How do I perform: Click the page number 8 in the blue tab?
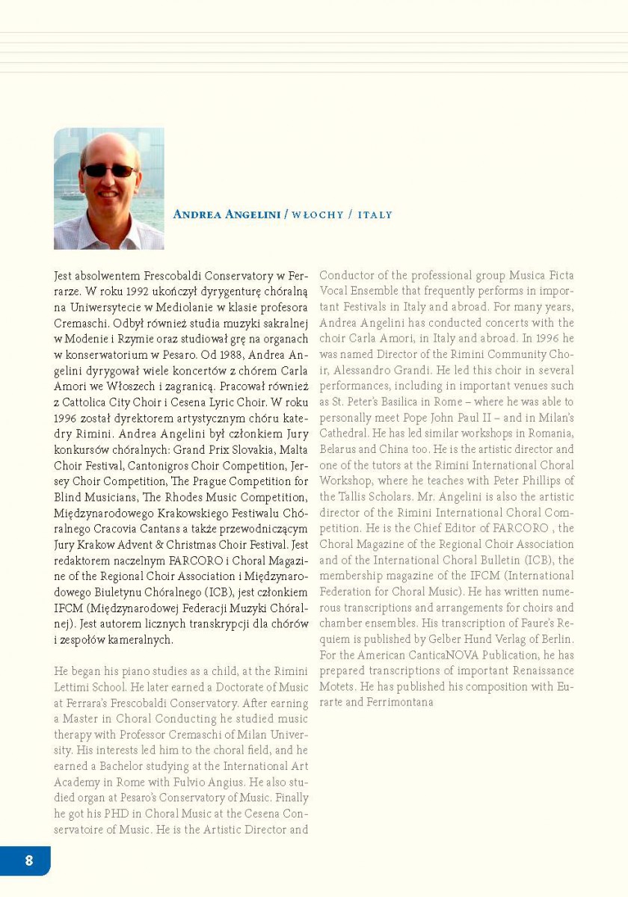28,860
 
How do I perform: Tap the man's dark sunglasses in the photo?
109,171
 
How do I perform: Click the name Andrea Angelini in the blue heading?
227,215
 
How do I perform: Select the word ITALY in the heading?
375,215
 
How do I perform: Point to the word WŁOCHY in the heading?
317,215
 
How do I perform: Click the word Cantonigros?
150,466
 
